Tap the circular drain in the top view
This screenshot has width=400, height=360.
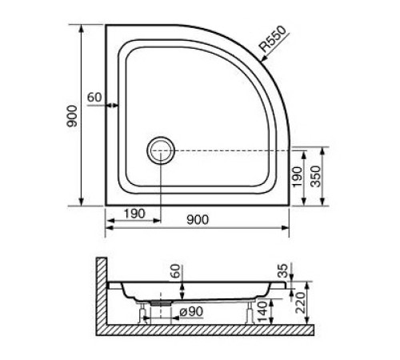(x=159, y=150)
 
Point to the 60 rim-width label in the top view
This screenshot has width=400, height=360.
(x=94, y=97)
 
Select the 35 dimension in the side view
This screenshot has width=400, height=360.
(x=281, y=273)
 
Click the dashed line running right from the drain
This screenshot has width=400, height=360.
(x=232, y=150)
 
